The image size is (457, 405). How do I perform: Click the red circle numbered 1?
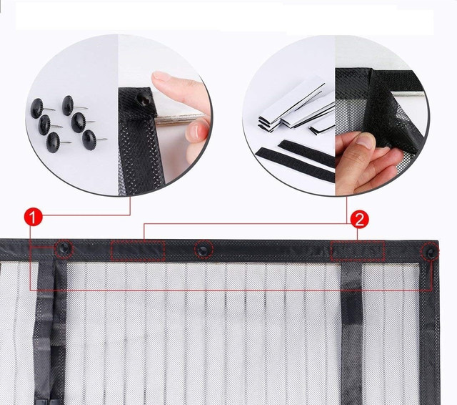click(33, 217)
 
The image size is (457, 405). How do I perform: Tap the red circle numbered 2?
click(359, 219)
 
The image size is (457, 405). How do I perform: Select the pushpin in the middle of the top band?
click(204, 250)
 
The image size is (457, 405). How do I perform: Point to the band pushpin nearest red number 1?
click(64, 248)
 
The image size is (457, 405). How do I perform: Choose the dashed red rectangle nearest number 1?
click(138, 251)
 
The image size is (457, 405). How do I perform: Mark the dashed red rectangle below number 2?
click(357, 251)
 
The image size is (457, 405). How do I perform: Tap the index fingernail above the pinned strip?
click(161, 76)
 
